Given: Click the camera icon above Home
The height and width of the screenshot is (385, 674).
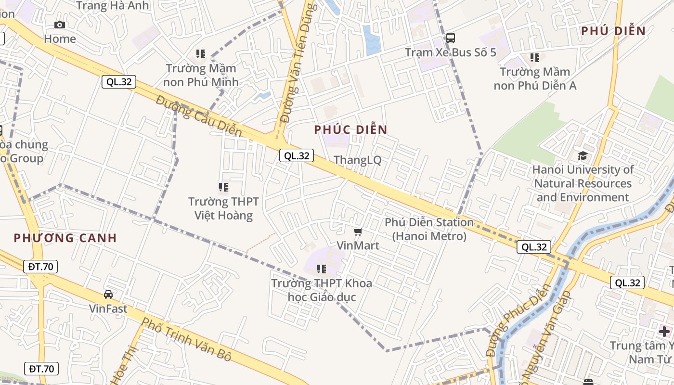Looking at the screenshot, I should click(x=60, y=25).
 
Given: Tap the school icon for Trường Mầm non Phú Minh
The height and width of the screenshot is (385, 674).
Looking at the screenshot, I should click(x=201, y=54).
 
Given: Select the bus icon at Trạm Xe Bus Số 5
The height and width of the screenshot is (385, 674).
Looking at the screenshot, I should click(x=451, y=38).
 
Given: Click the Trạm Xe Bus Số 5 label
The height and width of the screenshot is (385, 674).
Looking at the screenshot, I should click(x=451, y=52).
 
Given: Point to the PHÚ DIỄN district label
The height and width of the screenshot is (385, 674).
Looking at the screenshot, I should click(x=613, y=31).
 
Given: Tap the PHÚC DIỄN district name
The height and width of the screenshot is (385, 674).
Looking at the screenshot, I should click(x=351, y=129).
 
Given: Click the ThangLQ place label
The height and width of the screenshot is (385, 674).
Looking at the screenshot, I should click(x=357, y=160).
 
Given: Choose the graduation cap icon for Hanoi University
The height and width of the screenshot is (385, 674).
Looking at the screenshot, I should click(x=583, y=155).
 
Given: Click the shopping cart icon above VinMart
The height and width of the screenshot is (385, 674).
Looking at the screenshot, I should click(x=358, y=232).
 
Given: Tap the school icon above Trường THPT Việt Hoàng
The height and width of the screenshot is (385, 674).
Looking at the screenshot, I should click(x=223, y=187).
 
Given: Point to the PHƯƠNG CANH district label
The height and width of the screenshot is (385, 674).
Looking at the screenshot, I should click(x=65, y=238).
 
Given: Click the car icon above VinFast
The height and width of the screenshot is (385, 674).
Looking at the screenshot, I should click(x=108, y=294).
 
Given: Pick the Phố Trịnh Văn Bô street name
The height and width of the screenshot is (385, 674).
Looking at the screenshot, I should click(x=187, y=340).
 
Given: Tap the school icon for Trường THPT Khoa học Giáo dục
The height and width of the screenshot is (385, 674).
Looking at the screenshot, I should click(x=322, y=269).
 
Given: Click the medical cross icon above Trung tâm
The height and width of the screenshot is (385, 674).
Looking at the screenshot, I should click(x=664, y=331).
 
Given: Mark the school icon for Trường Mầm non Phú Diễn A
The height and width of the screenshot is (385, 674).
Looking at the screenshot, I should click(x=535, y=58).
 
